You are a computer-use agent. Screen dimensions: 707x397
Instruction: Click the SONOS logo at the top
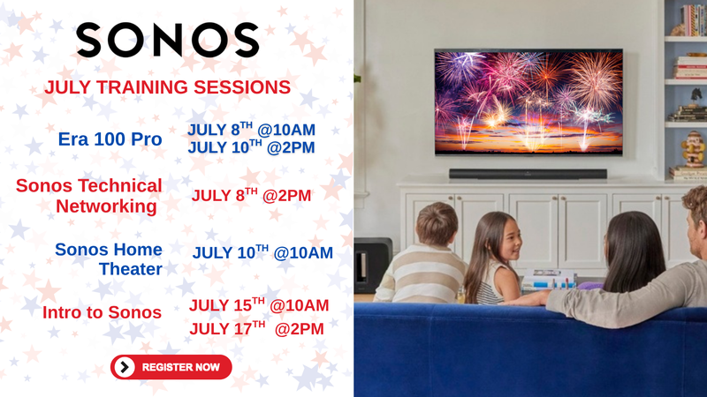point(167,40)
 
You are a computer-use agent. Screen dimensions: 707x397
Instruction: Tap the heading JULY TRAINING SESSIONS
point(167,87)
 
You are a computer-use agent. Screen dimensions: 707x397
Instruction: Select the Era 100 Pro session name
point(110,139)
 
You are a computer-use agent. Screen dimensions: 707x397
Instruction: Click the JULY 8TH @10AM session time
point(251,130)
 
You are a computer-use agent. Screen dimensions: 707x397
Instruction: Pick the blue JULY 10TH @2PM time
point(251,147)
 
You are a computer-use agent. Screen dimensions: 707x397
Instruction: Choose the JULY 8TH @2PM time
point(251,195)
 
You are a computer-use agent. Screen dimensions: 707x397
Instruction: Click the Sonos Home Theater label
point(109,258)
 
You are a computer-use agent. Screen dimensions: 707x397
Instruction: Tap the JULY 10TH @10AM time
point(262,252)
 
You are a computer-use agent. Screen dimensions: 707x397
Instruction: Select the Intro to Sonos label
point(102,312)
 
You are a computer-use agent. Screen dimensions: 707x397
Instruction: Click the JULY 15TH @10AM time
point(259,305)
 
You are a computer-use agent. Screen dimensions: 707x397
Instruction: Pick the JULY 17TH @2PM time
point(256,328)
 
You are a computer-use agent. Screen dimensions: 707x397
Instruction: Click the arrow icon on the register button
point(125,367)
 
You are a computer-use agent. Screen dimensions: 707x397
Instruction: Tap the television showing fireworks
point(528,102)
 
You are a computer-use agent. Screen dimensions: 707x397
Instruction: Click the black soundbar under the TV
point(528,174)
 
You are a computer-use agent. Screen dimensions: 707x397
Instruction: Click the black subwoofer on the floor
point(372,266)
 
